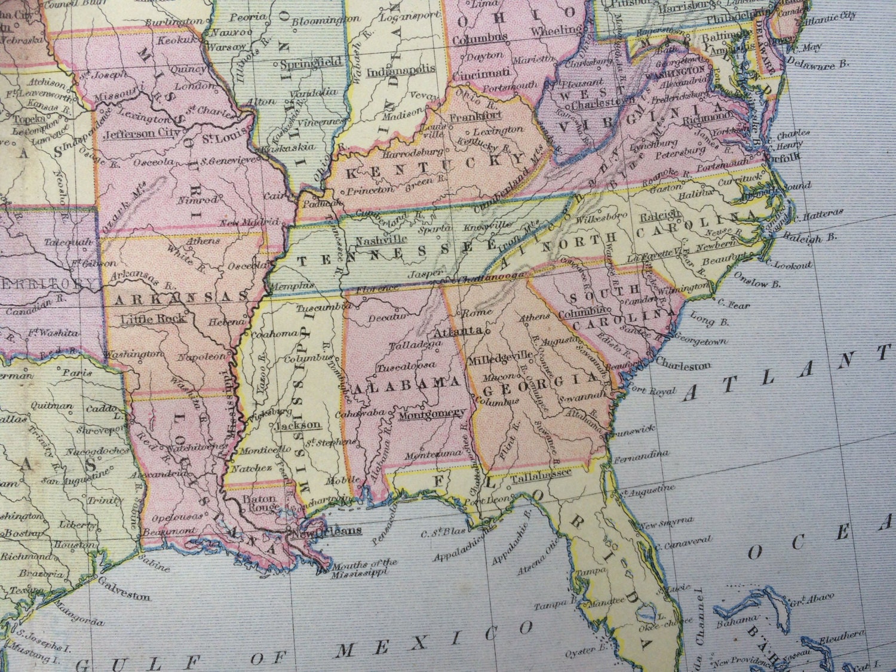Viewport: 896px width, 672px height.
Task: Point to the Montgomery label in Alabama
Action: pyautogui.click(x=432, y=413)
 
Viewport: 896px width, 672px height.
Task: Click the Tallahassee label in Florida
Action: pyautogui.click(x=541, y=472)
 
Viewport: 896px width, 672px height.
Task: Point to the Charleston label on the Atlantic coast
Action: pyautogui.click(x=683, y=364)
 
